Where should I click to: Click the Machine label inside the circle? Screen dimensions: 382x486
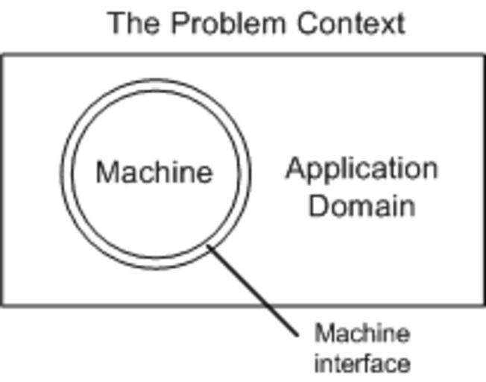click(154, 173)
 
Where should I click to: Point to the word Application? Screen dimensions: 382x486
click(362, 169)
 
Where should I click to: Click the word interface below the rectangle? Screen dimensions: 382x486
click(362, 363)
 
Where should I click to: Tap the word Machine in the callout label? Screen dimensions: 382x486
click(362, 333)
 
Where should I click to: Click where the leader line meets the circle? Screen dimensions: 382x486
click(209, 248)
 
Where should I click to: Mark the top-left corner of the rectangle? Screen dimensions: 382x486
click(1, 55)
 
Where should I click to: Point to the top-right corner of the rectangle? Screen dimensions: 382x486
click(484, 55)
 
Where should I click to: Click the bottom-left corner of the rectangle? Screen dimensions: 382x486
click(1, 304)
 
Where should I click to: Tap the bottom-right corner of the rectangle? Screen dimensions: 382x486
click(484, 304)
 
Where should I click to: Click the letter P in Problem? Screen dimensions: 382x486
click(179, 24)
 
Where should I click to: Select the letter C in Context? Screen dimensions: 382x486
click(306, 24)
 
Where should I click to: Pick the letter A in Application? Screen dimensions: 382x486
click(295, 169)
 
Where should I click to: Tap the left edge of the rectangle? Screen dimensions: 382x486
click(1, 179)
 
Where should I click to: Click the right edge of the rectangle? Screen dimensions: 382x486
click(484, 179)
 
